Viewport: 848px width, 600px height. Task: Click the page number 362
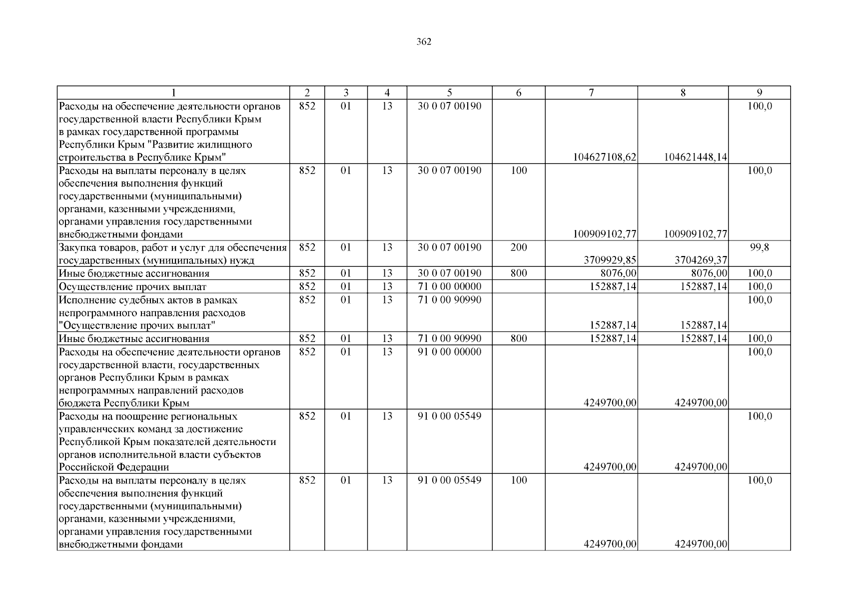tap(424, 42)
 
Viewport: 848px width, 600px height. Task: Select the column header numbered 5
tap(449, 92)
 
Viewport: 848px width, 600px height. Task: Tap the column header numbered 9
tap(759, 92)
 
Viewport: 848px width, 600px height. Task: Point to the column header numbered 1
tap(173, 92)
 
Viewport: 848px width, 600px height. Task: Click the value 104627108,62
tap(604, 157)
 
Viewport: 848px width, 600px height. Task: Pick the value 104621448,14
tap(695, 157)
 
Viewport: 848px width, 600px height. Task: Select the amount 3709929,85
tap(610, 260)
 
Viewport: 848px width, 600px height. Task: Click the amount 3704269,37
tap(701, 260)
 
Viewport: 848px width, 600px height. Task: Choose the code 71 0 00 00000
tap(449, 286)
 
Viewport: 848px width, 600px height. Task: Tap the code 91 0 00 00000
tap(449, 352)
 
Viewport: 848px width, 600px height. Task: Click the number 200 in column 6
tap(519, 247)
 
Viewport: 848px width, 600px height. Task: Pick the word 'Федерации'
tap(144, 467)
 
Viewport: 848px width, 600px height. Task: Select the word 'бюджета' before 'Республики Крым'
tap(79, 403)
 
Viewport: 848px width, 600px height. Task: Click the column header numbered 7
tap(591, 92)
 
